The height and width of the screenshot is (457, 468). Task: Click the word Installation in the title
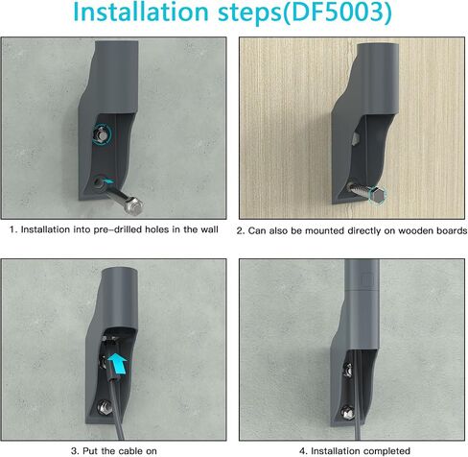(141, 12)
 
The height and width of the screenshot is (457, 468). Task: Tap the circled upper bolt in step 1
(102, 134)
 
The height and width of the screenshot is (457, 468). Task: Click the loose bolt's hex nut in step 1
(134, 204)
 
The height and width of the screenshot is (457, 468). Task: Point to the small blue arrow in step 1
(108, 181)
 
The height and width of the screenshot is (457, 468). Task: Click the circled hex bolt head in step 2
(377, 194)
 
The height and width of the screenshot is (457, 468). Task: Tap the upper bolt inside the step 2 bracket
(355, 139)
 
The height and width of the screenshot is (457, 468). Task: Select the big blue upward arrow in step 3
(117, 363)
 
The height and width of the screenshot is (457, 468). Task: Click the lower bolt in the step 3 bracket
(104, 407)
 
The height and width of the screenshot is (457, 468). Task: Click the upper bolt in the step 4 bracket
(347, 371)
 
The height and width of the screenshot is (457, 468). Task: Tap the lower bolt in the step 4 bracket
(347, 412)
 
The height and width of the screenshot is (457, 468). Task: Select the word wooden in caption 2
(412, 230)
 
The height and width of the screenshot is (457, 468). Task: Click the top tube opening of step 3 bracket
(120, 272)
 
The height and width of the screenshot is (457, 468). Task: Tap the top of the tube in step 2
(378, 45)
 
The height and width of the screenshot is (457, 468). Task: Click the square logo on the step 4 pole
(366, 279)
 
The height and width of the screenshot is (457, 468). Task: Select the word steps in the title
(249, 12)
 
